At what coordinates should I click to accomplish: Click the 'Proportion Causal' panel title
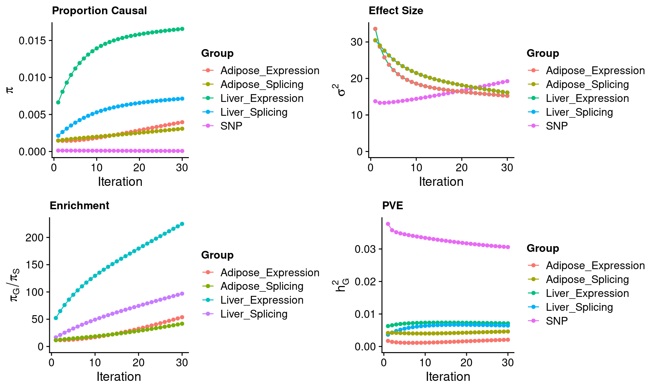[99, 11]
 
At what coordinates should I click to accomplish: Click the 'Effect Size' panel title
[396, 11]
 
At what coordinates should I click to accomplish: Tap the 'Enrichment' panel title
[79, 206]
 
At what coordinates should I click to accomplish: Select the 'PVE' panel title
[392, 206]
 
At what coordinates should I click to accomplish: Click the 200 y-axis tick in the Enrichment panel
[35, 238]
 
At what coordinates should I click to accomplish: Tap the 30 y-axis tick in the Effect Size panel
[357, 42]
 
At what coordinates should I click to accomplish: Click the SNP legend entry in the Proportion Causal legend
[231, 126]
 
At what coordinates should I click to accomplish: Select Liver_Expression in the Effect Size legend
[587, 99]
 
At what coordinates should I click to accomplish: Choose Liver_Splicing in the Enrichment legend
[254, 314]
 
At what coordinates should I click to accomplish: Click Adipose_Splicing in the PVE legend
[587, 280]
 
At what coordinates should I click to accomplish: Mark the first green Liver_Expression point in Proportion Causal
[58, 102]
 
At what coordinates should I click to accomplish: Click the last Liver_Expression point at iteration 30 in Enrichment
[182, 224]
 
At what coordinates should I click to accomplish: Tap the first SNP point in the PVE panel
[388, 224]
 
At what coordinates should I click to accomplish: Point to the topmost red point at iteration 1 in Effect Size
[375, 29]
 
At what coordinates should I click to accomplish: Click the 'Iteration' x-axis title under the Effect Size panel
[441, 182]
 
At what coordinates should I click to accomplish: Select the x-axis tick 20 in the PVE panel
[467, 363]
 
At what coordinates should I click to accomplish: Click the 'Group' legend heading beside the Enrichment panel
[217, 255]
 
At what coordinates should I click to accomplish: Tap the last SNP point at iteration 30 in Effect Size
[507, 81]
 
